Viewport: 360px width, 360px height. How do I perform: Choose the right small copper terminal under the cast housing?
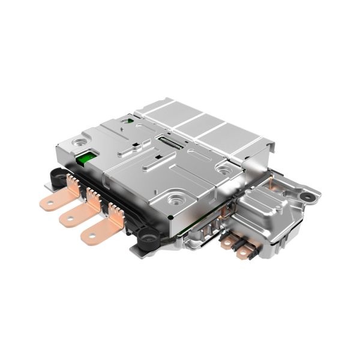(x=242, y=253)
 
